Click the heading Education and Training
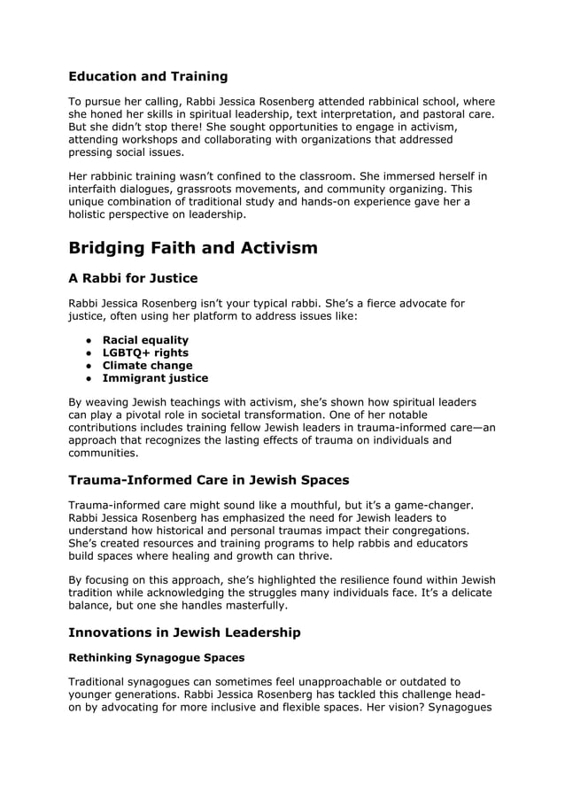pyautogui.click(x=148, y=76)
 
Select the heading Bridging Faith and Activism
pyautogui.click(x=192, y=247)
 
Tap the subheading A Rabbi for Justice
pyautogui.click(x=133, y=278)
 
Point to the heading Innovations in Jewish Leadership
pyautogui.click(x=184, y=632)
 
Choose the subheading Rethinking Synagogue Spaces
pyautogui.click(x=156, y=658)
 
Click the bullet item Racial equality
pyautogui.click(x=145, y=340)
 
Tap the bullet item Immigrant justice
pyautogui.click(x=155, y=378)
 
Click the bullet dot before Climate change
pyautogui.click(x=89, y=366)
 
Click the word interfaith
pyautogui.click(x=98, y=189)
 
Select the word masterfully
pyautogui.click(x=250, y=606)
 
